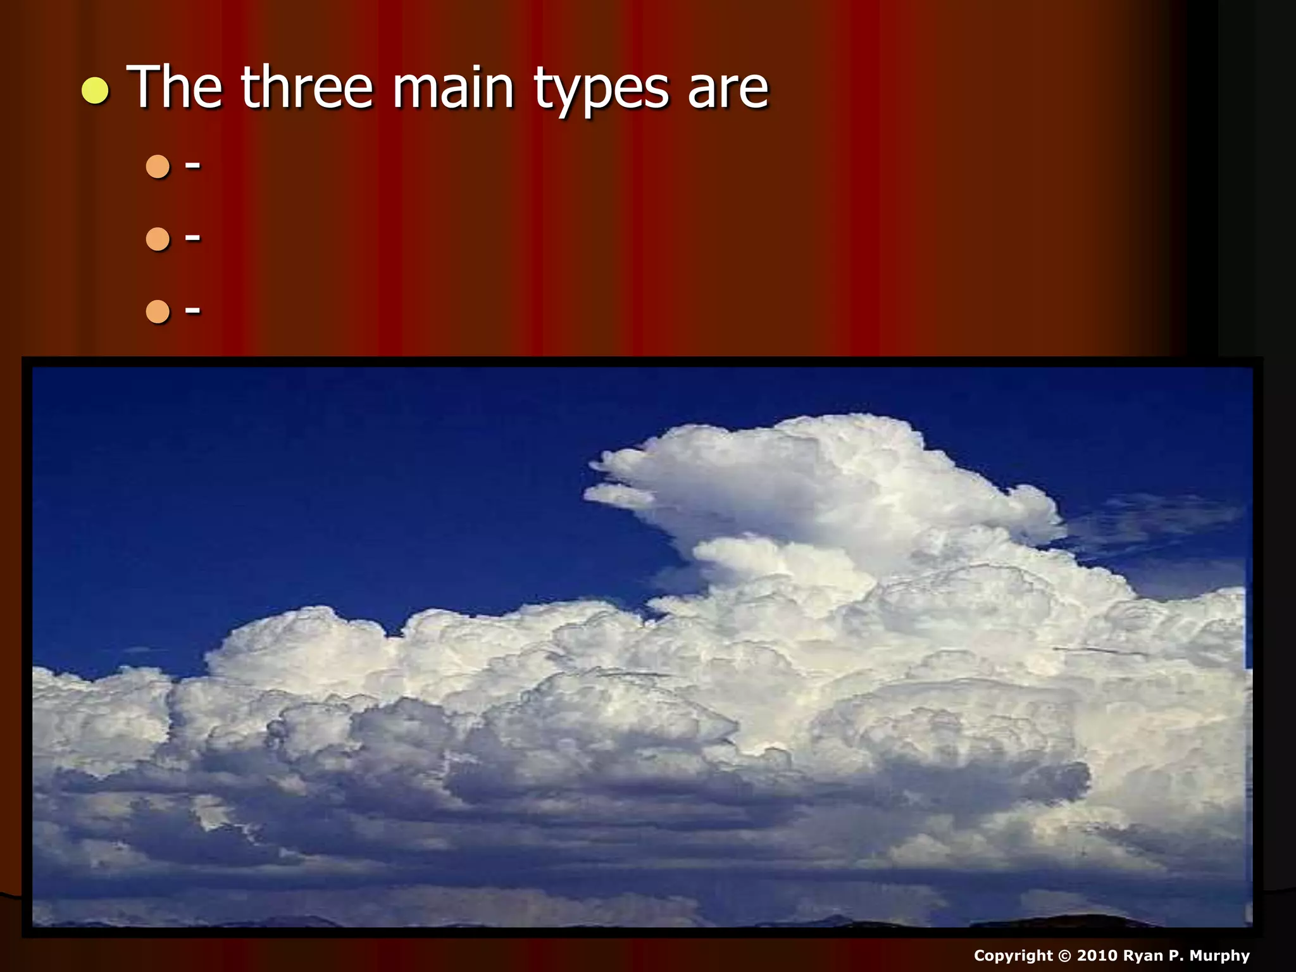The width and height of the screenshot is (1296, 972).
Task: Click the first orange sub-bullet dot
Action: tap(158, 166)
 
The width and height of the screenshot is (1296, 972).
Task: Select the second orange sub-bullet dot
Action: tap(158, 239)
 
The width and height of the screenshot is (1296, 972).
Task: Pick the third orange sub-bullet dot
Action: tap(158, 311)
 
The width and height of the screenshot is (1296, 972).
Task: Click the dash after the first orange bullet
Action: tap(193, 166)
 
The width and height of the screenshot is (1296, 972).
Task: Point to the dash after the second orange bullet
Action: tap(193, 238)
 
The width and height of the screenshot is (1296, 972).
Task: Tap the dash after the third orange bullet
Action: tap(193, 311)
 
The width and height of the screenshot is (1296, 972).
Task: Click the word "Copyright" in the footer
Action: tap(1013, 956)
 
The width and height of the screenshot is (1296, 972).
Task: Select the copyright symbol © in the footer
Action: tap(1065, 956)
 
